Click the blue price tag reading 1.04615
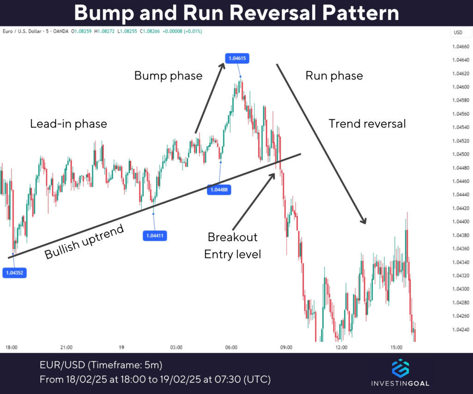coord(236,58)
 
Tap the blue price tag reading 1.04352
coord(14,273)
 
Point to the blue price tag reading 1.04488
coord(219,189)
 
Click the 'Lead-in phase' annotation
coord(68,124)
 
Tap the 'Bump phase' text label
coord(168,75)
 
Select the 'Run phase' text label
coord(334,75)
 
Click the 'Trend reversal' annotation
coord(367,124)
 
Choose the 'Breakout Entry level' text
coord(232,245)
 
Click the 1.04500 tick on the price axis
coord(461,154)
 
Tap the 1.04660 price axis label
coord(461,47)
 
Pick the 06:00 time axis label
coord(231,347)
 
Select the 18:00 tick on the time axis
coord(12,347)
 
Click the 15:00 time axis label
coord(396,347)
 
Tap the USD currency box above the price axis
coord(458,32)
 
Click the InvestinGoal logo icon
coord(400,368)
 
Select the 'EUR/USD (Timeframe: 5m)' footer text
coord(101,365)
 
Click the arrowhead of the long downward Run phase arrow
coord(364,221)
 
